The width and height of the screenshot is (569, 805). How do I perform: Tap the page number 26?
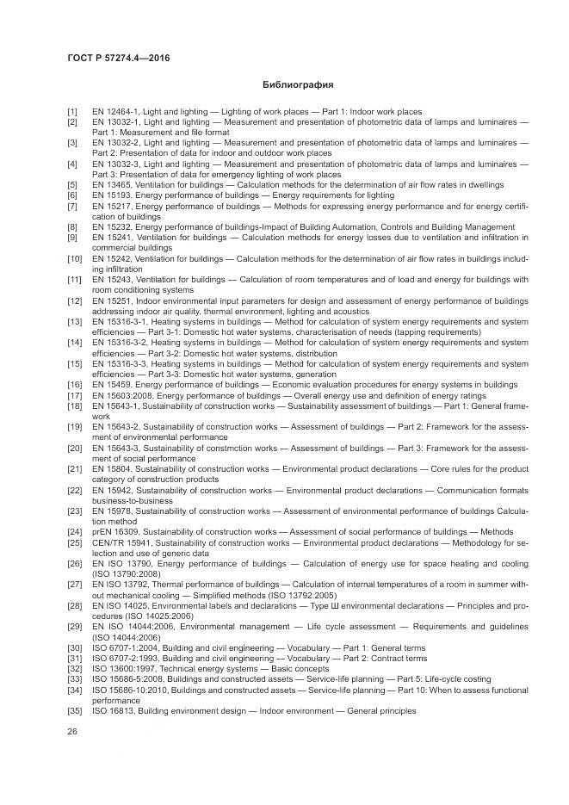(72, 730)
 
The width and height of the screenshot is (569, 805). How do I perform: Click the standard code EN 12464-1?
(114, 112)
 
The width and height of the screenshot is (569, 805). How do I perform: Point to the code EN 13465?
(108, 185)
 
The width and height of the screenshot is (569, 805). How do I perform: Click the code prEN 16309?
(114, 532)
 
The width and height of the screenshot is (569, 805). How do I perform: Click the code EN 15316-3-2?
(115, 342)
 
